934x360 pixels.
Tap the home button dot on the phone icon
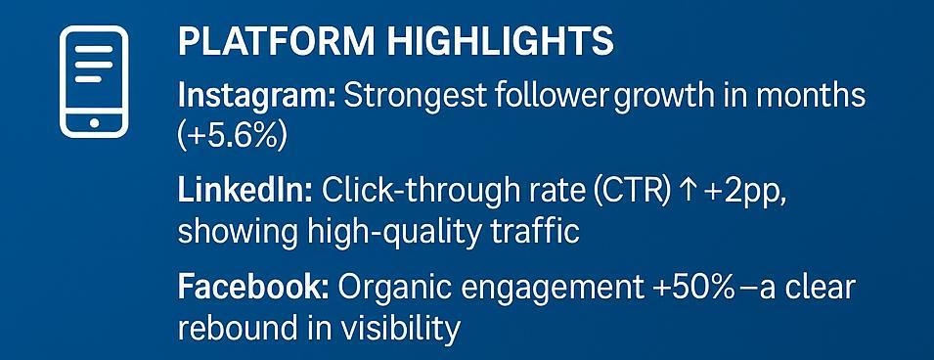click(x=94, y=123)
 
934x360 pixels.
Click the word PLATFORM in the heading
click(x=277, y=42)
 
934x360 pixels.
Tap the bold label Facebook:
click(x=253, y=288)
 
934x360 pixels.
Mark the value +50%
click(x=693, y=288)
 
